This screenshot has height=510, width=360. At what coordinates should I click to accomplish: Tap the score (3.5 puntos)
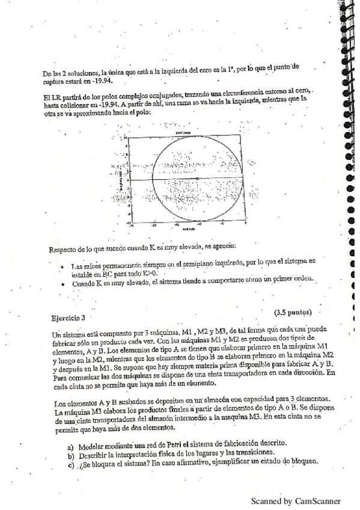293,312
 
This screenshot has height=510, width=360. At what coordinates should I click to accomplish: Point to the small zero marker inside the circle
198,179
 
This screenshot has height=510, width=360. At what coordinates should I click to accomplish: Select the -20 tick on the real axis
154,225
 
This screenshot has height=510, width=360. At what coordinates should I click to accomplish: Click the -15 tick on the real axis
176,225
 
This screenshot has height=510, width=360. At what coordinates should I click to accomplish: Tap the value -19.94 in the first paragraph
102,78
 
